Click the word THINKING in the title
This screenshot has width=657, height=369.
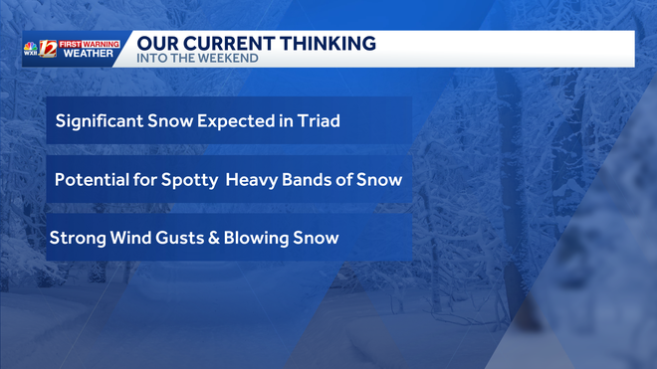point(328,43)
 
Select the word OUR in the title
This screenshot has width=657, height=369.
point(154,43)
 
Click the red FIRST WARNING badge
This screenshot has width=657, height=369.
point(91,44)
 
